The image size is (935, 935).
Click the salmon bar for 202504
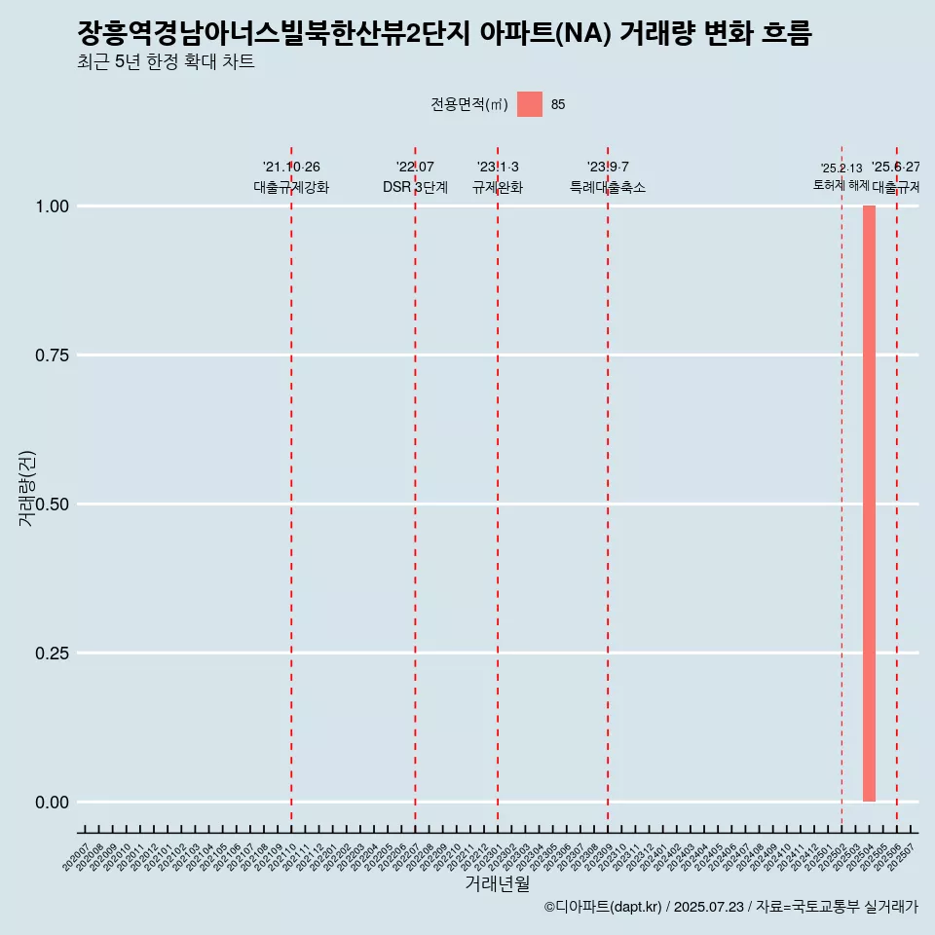click(x=869, y=504)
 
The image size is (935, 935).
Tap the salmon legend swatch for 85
click(x=530, y=104)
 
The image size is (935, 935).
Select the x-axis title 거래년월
click(x=498, y=883)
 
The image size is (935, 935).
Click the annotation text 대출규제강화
click(x=291, y=187)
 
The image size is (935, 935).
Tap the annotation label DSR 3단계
click(x=415, y=187)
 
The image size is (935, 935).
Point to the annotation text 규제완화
click(x=498, y=187)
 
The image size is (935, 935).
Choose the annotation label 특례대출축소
click(x=608, y=187)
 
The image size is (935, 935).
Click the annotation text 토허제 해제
click(x=841, y=185)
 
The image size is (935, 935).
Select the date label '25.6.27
click(x=896, y=168)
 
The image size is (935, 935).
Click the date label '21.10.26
click(x=291, y=168)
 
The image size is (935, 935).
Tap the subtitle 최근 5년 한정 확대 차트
click(x=166, y=62)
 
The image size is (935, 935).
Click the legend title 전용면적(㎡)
click(x=469, y=104)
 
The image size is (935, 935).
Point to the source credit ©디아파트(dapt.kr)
click(x=603, y=907)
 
